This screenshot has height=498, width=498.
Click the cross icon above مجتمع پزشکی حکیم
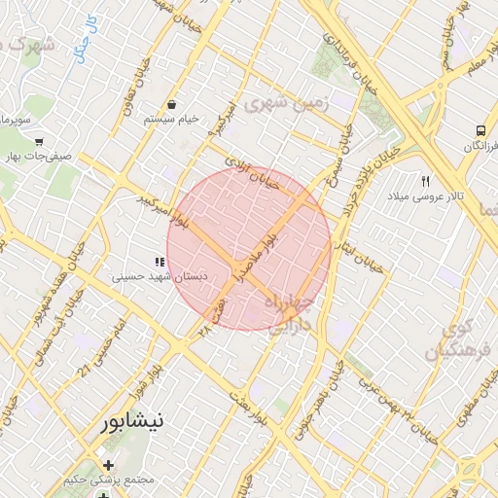108,465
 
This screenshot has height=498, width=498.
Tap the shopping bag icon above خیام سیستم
172,104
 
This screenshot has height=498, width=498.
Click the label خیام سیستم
172,119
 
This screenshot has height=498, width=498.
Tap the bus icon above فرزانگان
480,130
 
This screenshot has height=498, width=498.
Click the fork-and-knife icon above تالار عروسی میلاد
425,182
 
